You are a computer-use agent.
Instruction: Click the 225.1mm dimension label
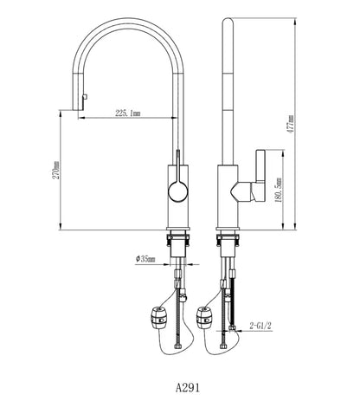128,113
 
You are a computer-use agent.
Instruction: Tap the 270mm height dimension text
56,170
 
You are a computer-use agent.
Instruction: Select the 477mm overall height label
291,124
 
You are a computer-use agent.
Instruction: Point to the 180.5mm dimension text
279,190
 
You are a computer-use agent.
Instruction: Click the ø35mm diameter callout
145,259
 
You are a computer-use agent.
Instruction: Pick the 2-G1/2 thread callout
260,326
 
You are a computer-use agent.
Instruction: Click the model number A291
188,388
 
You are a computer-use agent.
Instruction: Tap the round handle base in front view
178,191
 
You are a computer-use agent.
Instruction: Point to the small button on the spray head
85,97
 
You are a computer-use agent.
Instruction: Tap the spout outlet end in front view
77,110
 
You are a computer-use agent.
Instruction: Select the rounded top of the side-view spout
228,22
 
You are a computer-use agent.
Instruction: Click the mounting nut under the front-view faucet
178,240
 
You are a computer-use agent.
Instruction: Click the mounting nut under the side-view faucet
228,240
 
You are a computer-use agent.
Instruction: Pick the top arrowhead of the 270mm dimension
61,114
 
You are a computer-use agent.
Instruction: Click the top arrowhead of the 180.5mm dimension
283,153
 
